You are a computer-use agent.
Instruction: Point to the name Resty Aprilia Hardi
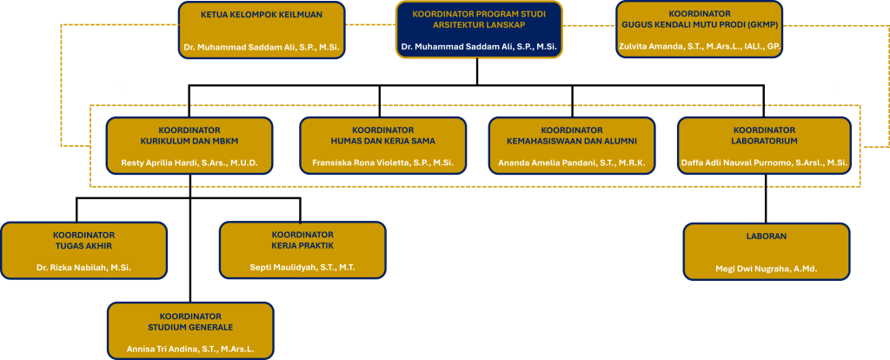(189, 163)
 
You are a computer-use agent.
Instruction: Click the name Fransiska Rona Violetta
(382, 163)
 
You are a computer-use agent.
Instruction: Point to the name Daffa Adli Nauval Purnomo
(764, 163)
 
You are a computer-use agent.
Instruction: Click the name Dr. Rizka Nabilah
(83, 268)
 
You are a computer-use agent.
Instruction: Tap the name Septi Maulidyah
(302, 268)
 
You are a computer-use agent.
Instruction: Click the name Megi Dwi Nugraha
(766, 270)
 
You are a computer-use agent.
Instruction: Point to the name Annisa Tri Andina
(189, 349)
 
